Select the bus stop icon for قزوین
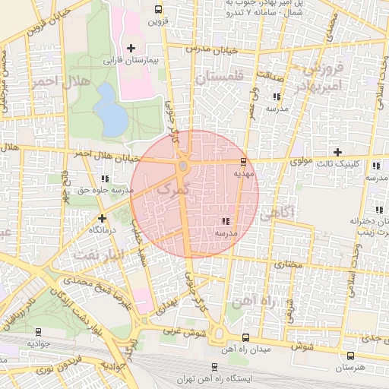click(x=157, y=10)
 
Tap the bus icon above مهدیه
click(x=243, y=161)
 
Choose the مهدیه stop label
click(x=243, y=172)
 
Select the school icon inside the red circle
click(x=225, y=220)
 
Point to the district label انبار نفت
click(x=91, y=255)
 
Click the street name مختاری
click(x=289, y=265)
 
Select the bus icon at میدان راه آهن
click(x=244, y=337)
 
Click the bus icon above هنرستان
click(x=349, y=356)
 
